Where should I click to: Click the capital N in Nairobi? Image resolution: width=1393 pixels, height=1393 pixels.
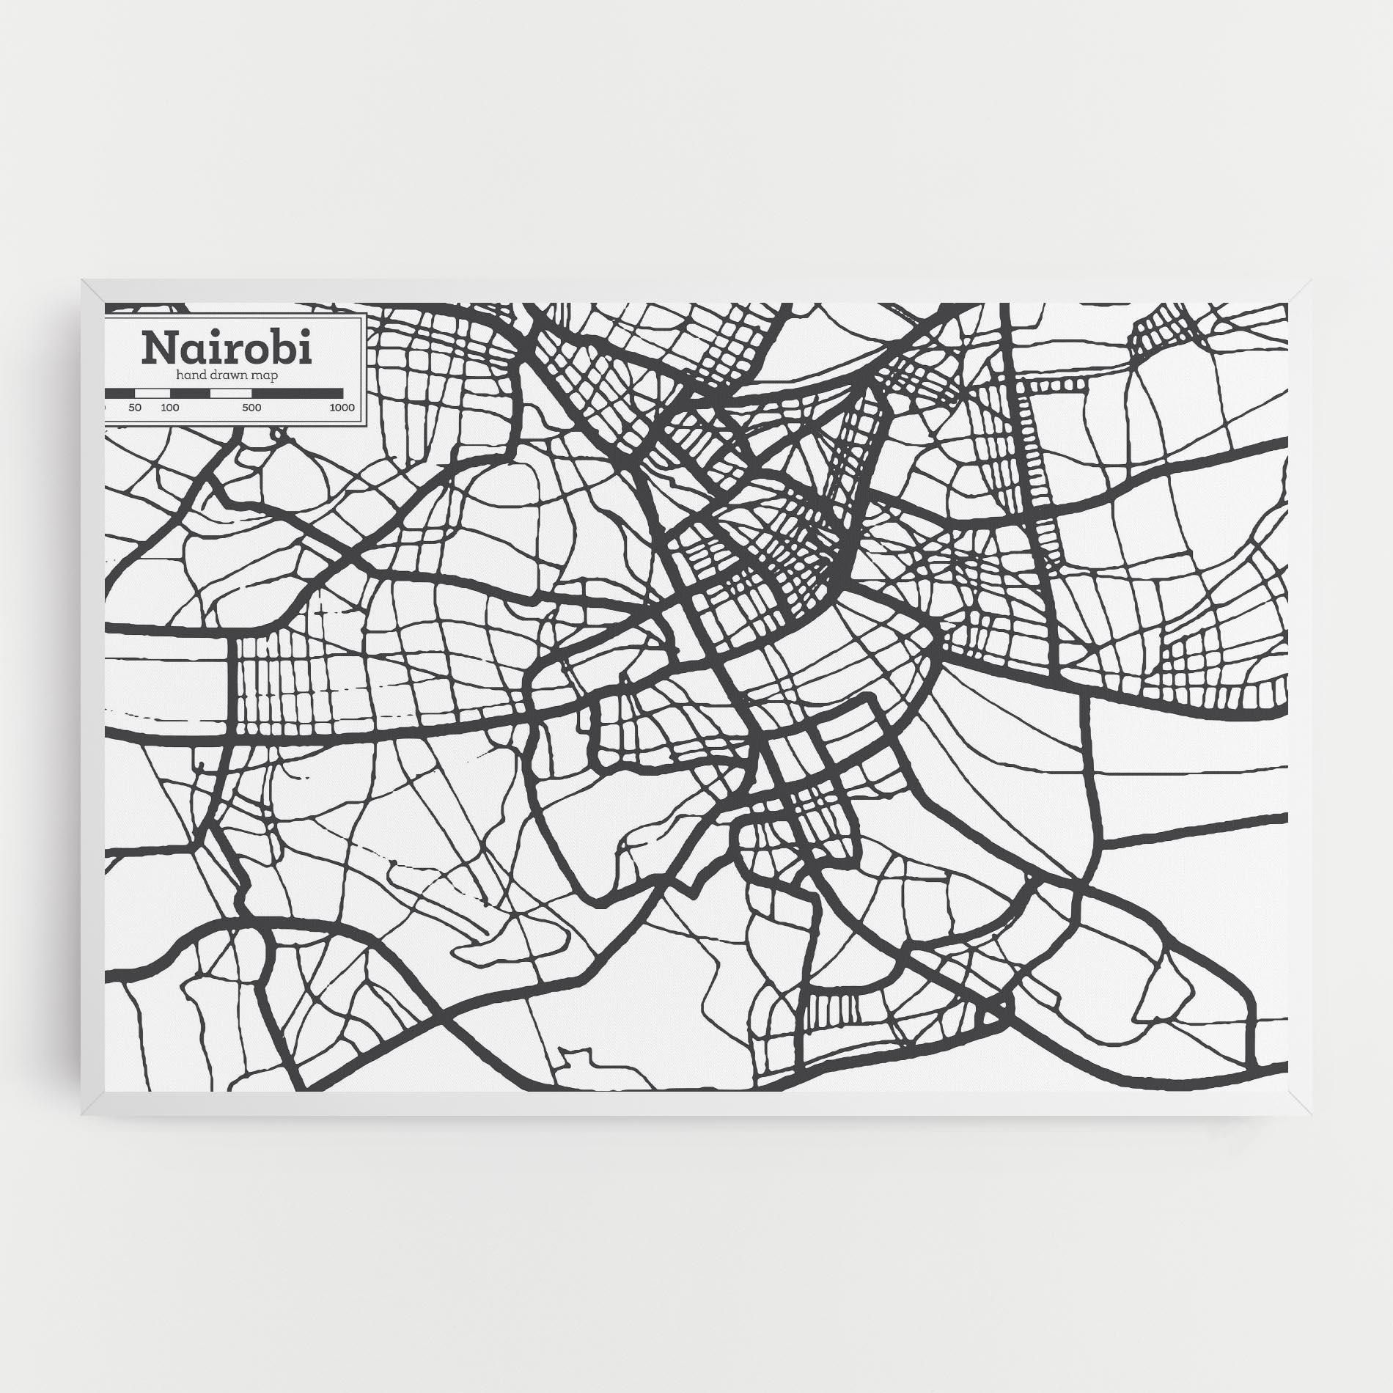[x=160, y=348]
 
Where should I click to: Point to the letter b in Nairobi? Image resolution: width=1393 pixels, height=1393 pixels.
[x=283, y=348]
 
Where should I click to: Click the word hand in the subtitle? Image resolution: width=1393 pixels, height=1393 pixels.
[x=189, y=375]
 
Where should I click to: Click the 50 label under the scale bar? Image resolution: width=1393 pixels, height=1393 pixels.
[x=134, y=408]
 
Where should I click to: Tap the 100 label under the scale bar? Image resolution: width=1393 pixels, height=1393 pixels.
[x=170, y=408]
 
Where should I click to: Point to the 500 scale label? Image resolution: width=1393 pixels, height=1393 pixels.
[x=251, y=408]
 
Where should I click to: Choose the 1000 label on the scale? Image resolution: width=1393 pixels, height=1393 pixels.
[x=342, y=408]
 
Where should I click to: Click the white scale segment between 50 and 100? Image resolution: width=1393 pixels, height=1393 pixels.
[x=152, y=394]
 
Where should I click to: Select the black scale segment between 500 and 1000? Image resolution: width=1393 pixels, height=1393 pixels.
[x=297, y=394]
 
